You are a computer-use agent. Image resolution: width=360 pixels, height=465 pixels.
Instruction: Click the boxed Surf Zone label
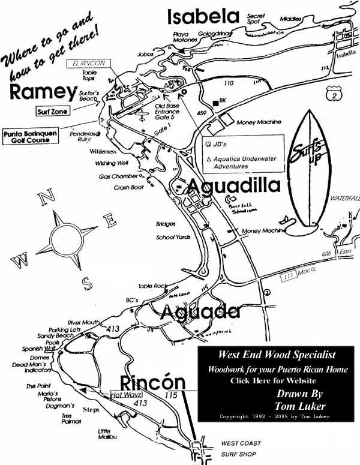click(52, 111)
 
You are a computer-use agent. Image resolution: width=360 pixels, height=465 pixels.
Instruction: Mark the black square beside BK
click(214, 100)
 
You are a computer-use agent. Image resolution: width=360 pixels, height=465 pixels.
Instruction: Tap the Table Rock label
click(151, 286)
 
